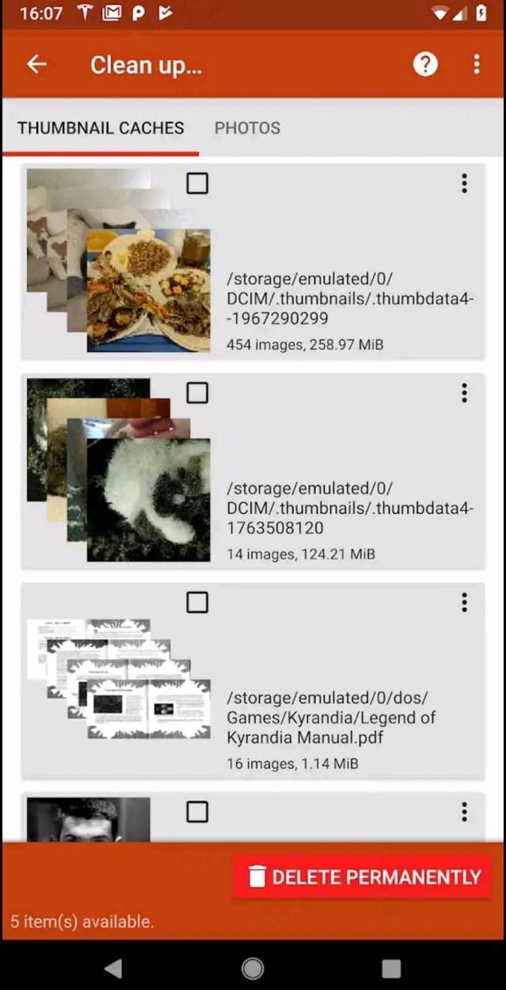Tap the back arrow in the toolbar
(36, 65)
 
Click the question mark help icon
(425, 65)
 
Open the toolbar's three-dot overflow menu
(476, 65)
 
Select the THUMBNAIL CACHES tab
(101, 128)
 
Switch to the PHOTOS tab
(247, 128)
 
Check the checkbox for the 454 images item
(197, 184)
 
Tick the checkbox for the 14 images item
(197, 393)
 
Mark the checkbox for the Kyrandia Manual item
(197, 603)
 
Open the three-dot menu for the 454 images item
(464, 184)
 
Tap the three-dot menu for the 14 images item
(464, 393)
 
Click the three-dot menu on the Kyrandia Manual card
(464, 603)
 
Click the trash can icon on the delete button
(257, 877)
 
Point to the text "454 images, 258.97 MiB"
(305, 345)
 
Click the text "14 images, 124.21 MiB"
(301, 554)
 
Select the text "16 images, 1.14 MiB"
(292, 764)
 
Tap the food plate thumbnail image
(149, 291)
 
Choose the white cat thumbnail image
(149, 500)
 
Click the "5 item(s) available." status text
(82, 922)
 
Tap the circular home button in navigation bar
(253, 968)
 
